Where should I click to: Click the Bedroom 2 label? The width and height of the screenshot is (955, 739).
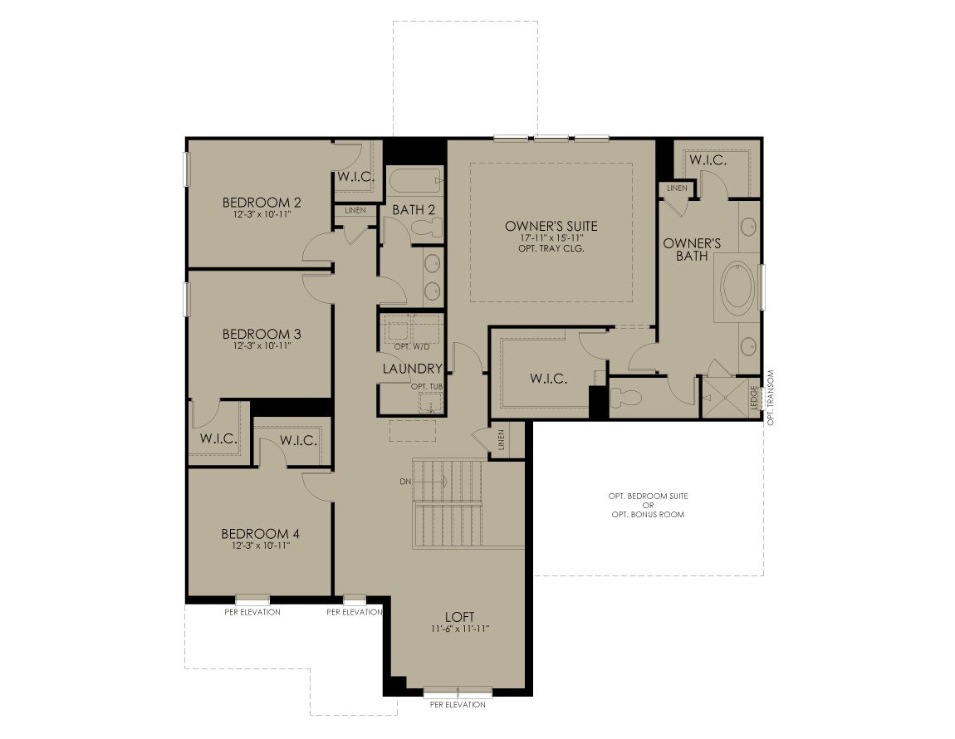(262, 203)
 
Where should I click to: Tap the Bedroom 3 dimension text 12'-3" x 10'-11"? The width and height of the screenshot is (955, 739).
(262, 345)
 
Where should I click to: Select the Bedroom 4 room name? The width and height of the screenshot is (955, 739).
(261, 534)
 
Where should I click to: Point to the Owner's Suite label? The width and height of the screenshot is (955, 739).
(551, 226)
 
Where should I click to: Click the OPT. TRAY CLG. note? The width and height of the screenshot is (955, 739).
(551, 248)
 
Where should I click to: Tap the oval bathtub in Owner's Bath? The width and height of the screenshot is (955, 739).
(737, 287)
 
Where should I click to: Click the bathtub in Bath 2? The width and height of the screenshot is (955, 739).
(414, 180)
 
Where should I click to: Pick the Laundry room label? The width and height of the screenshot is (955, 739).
(413, 369)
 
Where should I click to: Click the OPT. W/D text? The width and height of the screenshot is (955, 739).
(412, 346)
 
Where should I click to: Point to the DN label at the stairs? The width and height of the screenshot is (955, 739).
(405, 482)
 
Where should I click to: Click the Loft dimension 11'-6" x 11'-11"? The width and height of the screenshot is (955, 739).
(460, 628)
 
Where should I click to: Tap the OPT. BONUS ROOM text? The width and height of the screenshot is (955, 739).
(648, 514)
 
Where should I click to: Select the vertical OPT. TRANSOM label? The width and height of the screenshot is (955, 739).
(771, 397)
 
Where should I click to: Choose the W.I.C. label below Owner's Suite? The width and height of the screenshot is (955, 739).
(548, 379)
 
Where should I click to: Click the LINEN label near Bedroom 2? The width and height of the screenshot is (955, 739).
(355, 210)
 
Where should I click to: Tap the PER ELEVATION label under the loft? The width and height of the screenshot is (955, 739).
(458, 704)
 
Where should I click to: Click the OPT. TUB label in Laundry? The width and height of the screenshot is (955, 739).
(426, 386)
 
